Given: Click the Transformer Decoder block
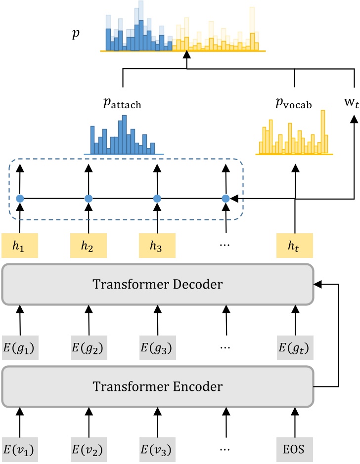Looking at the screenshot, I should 158,284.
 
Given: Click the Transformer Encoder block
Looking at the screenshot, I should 158,386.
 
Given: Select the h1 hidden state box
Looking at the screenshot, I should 20,245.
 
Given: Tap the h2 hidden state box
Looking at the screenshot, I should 89,245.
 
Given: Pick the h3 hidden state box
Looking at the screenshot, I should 157,245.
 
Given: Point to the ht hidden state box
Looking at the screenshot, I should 295,245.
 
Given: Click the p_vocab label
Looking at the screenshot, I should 294,91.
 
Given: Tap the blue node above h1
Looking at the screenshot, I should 20,199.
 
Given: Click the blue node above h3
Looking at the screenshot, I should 157,199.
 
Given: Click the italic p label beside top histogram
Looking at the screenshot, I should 76,35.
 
